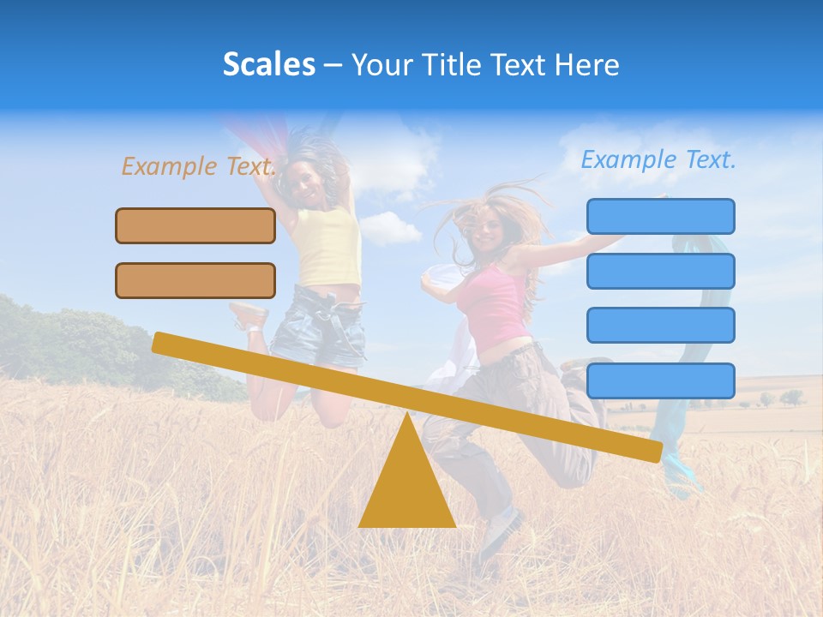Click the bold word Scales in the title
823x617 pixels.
pos(268,64)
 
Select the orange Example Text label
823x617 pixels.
pos(198,166)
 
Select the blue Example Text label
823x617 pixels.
pos(658,159)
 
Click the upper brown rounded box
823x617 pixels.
pos(195,225)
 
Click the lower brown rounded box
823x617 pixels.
pos(195,280)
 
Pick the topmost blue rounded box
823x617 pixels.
pos(660,216)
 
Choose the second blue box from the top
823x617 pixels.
pos(660,271)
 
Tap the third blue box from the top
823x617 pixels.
pos(660,326)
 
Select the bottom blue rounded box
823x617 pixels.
pos(660,380)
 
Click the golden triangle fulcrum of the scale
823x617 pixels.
pos(407,484)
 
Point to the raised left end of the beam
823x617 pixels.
pos(163,344)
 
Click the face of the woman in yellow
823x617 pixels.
pos(306,177)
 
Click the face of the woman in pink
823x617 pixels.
pos(488,230)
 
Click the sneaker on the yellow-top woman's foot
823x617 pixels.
pos(249,316)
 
